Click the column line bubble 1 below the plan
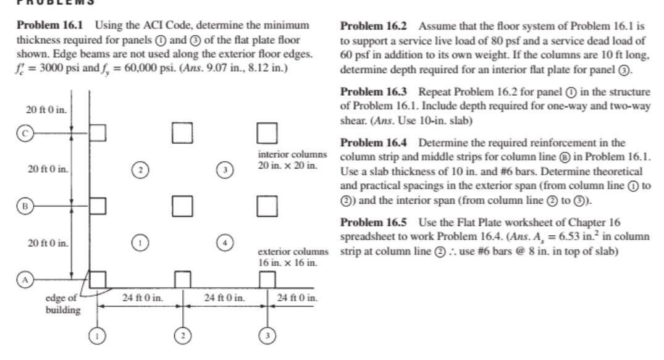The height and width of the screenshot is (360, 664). (98, 335)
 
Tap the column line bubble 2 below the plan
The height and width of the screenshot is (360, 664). (183, 335)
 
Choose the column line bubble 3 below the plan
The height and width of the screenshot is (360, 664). (267, 335)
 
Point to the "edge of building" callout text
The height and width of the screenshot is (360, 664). (64, 304)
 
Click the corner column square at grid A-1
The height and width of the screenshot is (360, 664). (98, 280)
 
